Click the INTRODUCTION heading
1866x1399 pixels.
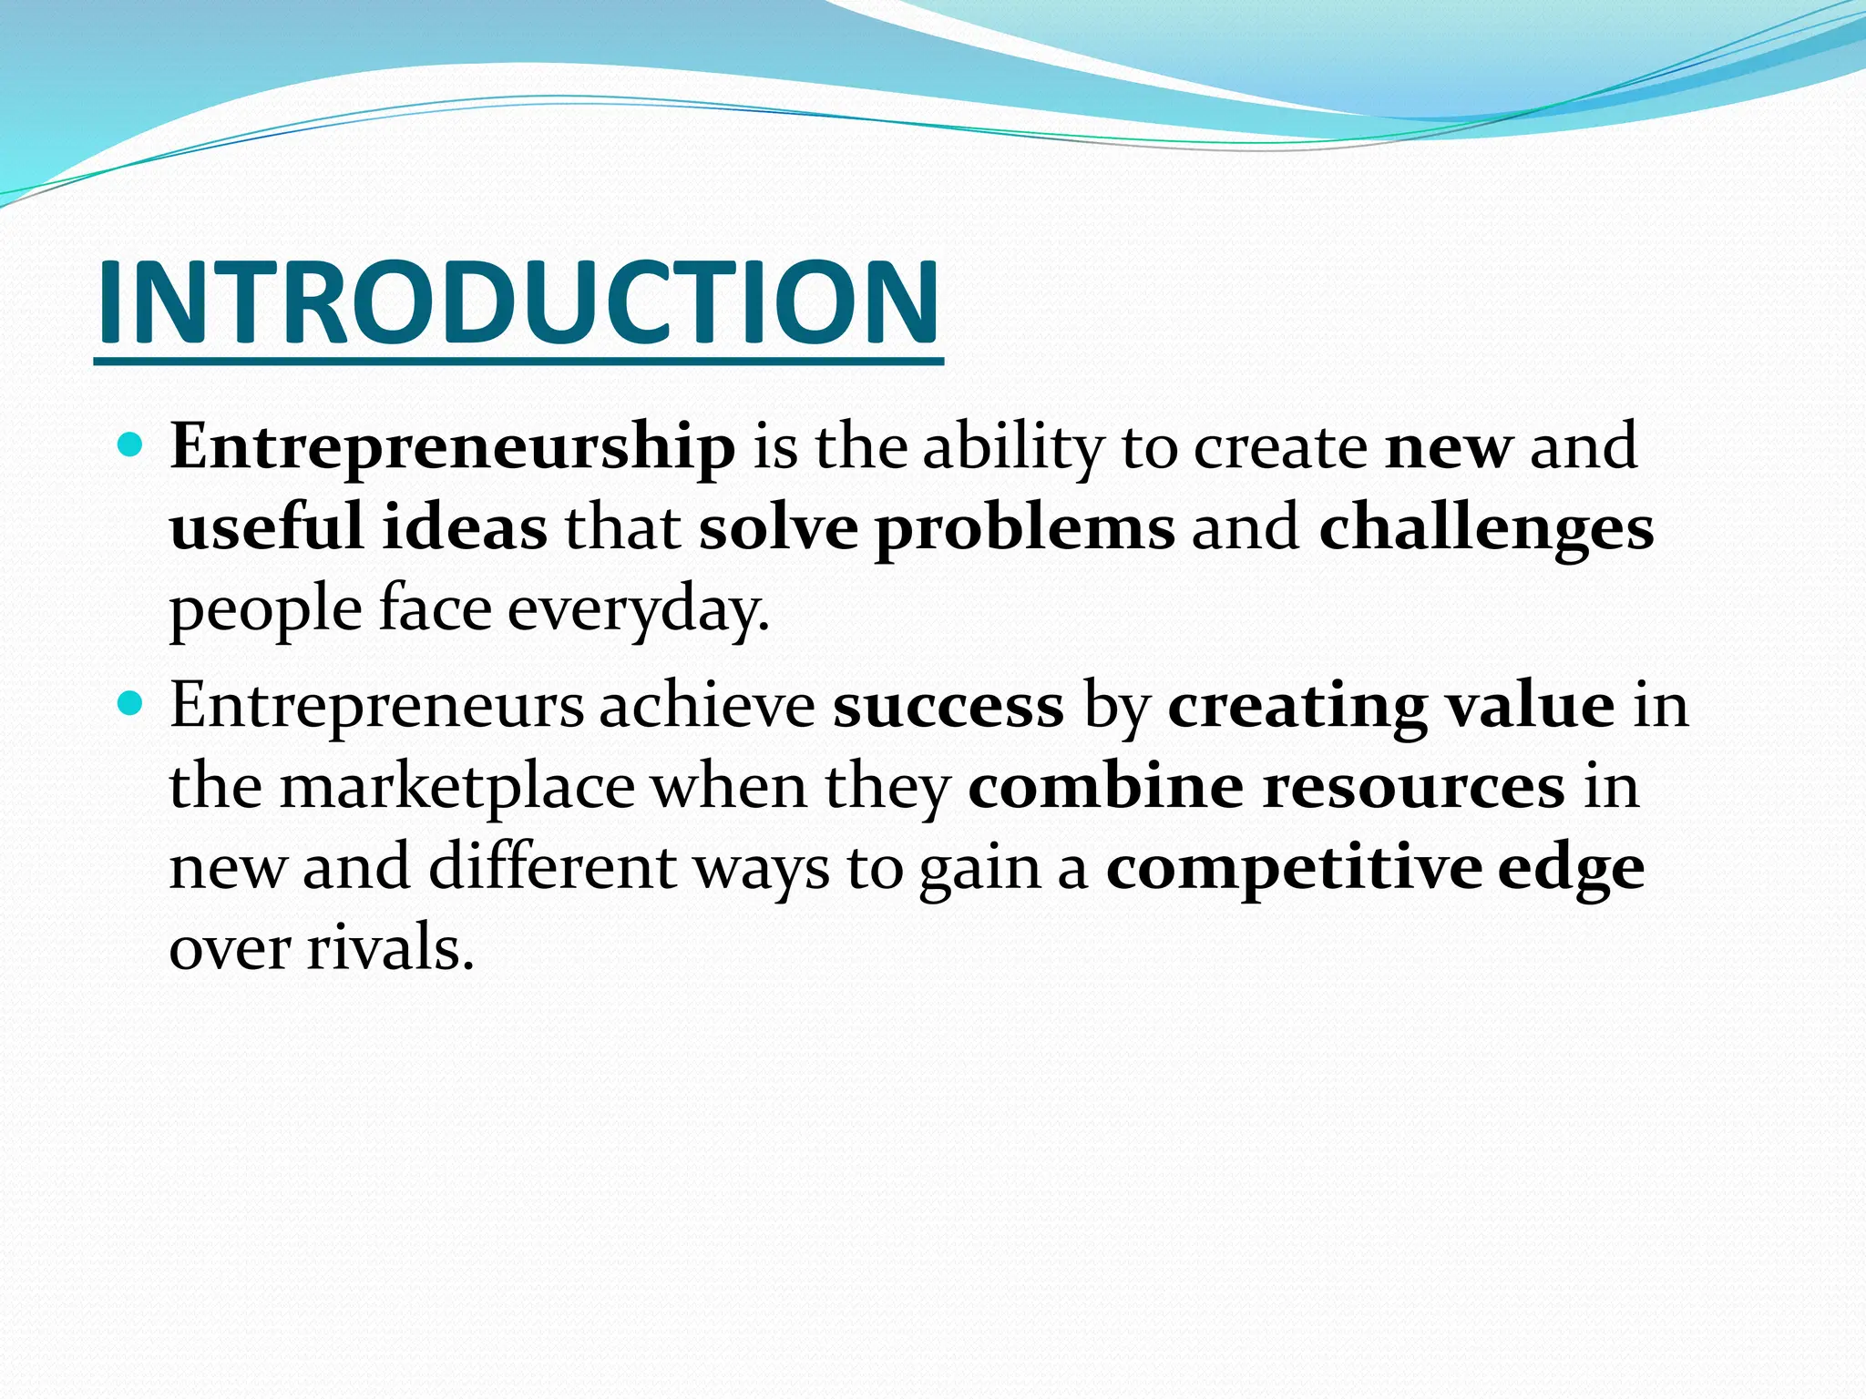tap(518, 302)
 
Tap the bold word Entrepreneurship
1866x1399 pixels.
tap(452, 448)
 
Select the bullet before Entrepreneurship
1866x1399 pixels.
tap(131, 446)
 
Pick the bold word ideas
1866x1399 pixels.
tap(465, 528)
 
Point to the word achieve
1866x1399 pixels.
tap(707, 706)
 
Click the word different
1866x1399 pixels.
tap(552, 867)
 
